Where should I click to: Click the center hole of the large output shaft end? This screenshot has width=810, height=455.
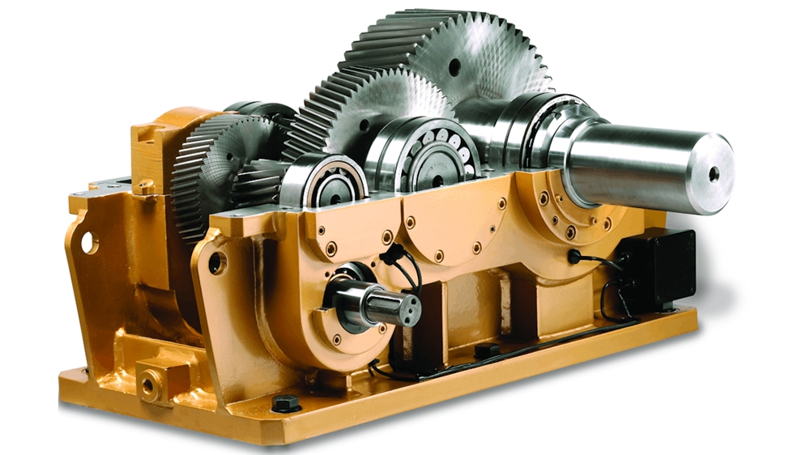(x=713, y=172)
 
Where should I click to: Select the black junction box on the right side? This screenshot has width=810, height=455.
(x=657, y=267)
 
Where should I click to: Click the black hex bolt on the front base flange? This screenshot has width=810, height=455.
(x=285, y=402)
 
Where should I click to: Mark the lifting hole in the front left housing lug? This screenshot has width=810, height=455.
(x=217, y=262)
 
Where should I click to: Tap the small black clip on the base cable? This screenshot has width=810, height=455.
(x=486, y=351)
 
